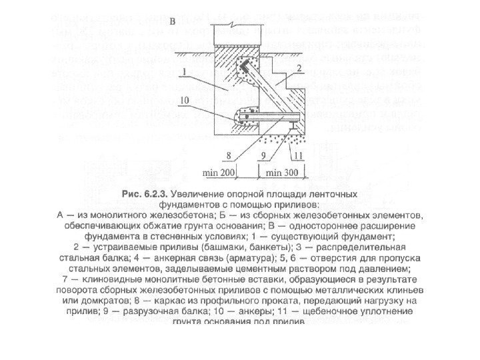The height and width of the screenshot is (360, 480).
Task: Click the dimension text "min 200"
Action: tap(218, 173)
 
